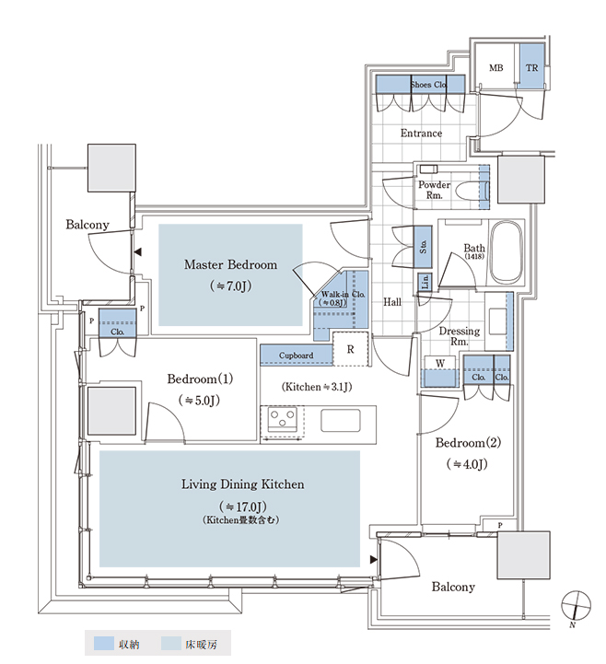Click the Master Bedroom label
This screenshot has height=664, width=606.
click(x=230, y=264)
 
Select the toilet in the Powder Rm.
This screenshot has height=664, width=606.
click(x=472, y=191)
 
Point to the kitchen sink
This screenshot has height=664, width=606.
click(x=341, y=421)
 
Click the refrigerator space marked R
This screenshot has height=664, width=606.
click(x=350, y=349)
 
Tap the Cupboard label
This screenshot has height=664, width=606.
click(x=296, y=355)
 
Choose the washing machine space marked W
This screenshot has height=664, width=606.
click(x=440, y=371)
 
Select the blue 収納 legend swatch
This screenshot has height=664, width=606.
click(x=104, y=644)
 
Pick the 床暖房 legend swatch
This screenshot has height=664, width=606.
click(x=171, y=644)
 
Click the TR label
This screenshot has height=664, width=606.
click(x=532, y=68)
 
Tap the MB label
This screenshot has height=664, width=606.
click(x=495, y=68)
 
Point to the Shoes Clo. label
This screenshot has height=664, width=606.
click(x=428, y=85)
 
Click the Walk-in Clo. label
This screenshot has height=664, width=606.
click(x=343, y=294)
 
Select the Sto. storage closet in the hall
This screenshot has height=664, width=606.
click(x=423, y=247)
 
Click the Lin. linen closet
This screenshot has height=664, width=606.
click(x=425, y=282)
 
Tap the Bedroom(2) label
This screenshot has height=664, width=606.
click(x=468, y=443)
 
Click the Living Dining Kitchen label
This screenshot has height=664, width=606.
click(x=242, y=484)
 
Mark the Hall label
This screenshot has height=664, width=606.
click(x=392, y=302)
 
